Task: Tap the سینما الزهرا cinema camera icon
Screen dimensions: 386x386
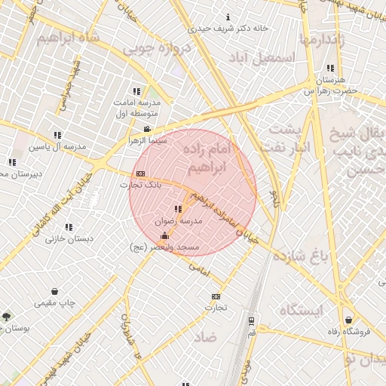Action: pyautogui.click(x=147, y=129)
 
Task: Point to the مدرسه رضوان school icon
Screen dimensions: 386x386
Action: pyautogui.click(x=178, y=210)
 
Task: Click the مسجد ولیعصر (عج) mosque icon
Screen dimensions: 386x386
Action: pyautogui.click(x=165, y=235)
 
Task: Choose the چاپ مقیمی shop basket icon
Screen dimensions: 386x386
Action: pyautogui.click(x=54, y=291)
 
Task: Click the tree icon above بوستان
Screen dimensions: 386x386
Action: pyautogui.click(x=7, y=317)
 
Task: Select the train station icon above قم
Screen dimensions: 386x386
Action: pyautogui.click(x=251, y=320)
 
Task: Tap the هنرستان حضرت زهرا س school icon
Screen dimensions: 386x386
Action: pyautogui.click(x=330, y=68)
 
